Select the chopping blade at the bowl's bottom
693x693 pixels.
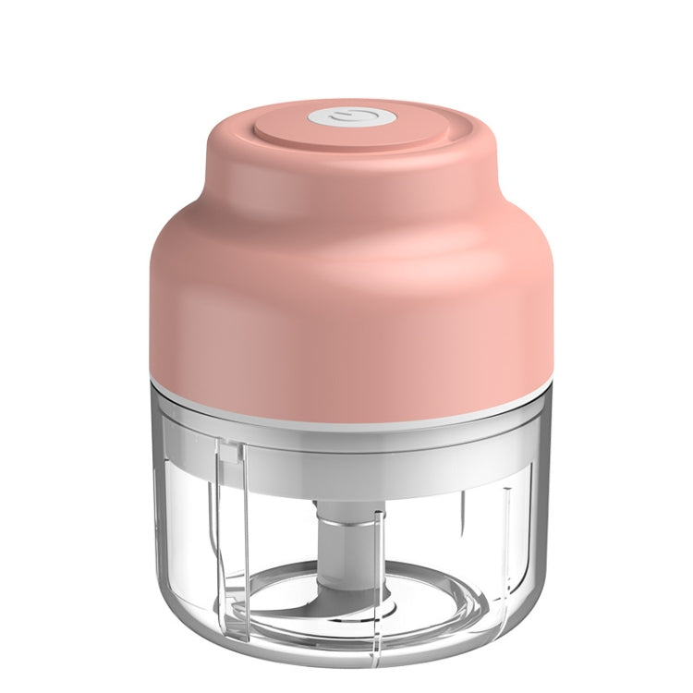pos(305,591)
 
